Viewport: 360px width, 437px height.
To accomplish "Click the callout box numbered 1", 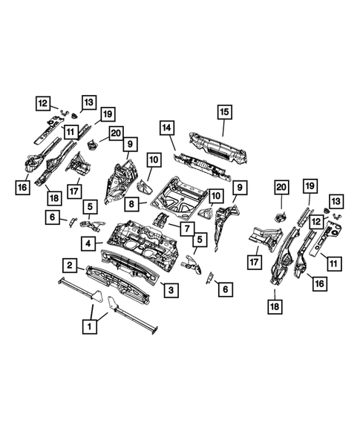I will click(90, 325).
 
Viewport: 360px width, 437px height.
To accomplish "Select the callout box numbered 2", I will click(69, 265).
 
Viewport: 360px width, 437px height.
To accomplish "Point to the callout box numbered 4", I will click(88, 242).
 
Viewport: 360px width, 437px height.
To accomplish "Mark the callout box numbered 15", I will click(223, 111).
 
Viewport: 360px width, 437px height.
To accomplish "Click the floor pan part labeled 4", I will click(141, 241).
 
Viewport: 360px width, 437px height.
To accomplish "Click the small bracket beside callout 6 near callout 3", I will click(208, 277).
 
